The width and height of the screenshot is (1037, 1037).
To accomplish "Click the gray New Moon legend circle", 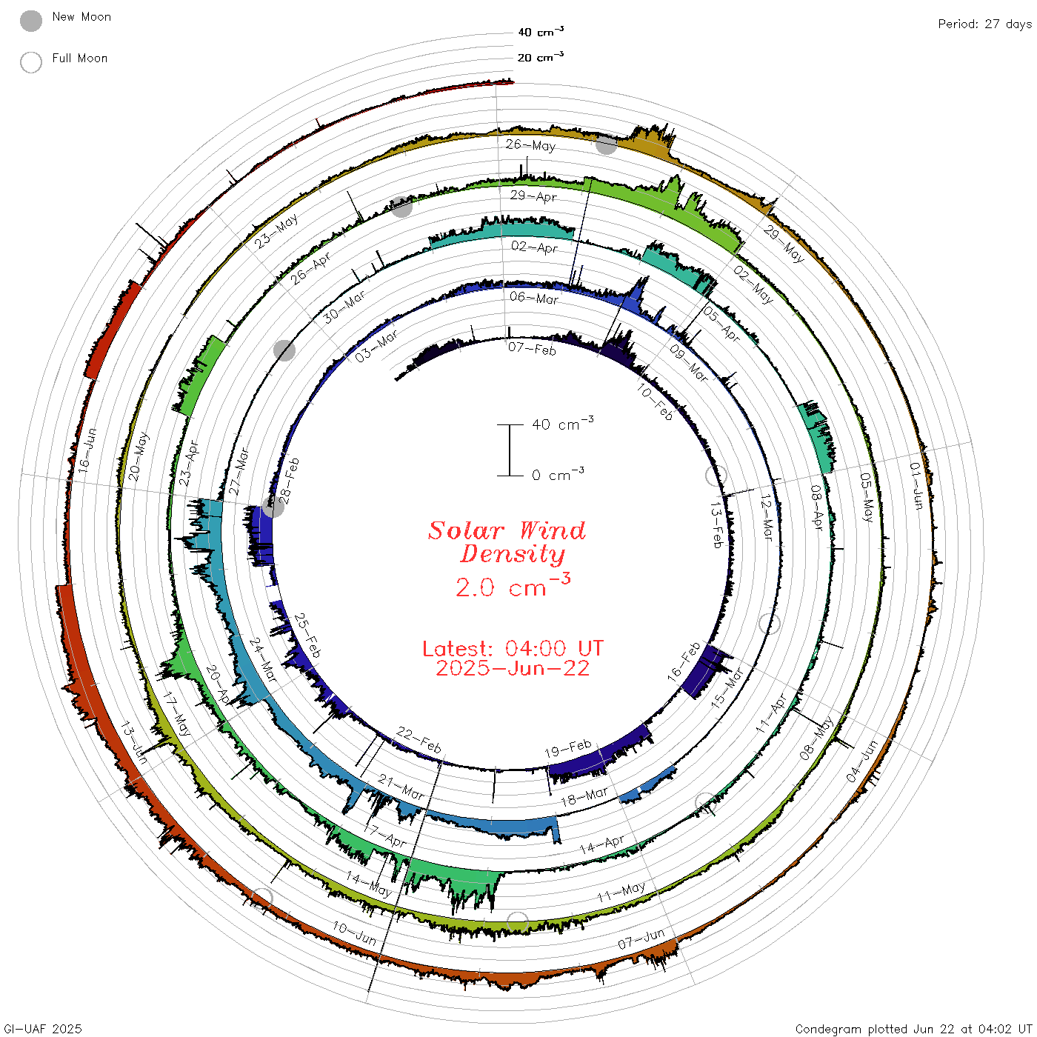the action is pos(30,21).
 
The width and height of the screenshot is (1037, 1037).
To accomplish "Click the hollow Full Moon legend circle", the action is pos(30,62).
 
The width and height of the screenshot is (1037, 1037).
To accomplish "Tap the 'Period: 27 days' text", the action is pos(984,24).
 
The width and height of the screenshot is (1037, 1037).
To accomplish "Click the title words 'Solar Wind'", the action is pos(507,530).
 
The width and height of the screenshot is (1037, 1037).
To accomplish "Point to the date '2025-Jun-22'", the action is pos(513,668).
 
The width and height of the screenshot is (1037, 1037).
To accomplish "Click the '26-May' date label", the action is pos(530,144).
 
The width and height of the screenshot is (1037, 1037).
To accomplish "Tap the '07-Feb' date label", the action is pos(532,349).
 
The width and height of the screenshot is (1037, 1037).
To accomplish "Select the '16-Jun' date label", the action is pos(87,450).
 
